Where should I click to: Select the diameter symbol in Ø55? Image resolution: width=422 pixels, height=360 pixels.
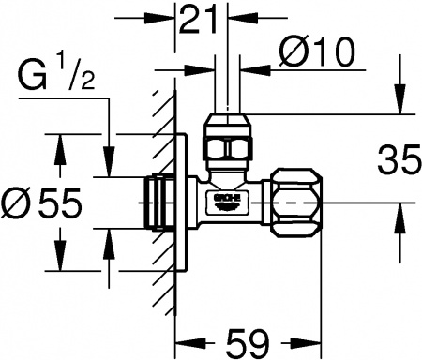(14, 201)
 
